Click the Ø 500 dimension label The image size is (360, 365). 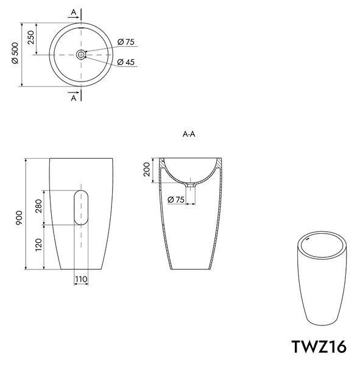pos(15,53)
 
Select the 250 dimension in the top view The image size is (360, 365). pos(31,37)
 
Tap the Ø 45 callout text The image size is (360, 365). pos(126,62)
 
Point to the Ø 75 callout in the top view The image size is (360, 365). pos(126,42)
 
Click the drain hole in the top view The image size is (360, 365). pos(81,55)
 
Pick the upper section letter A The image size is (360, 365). pos(74,12)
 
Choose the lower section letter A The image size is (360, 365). pos(74,98)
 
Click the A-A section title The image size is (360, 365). pos(189,134)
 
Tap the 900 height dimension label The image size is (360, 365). pos(19,218)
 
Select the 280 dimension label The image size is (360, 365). pos(38,206)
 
